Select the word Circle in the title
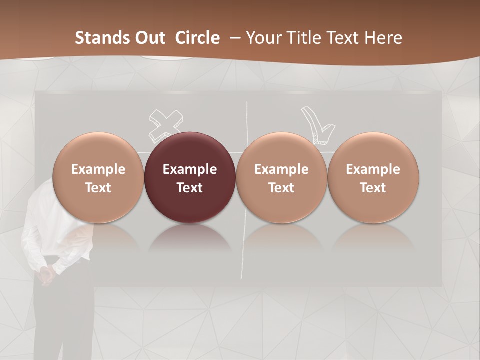197,38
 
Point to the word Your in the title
263,38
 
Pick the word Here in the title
384,38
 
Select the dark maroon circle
190,178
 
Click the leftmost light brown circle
98,178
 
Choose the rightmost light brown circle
373,178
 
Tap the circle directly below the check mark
281,178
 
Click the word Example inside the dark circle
190,169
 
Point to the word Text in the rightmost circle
373,188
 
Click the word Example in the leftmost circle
98,169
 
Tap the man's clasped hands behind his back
46,274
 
